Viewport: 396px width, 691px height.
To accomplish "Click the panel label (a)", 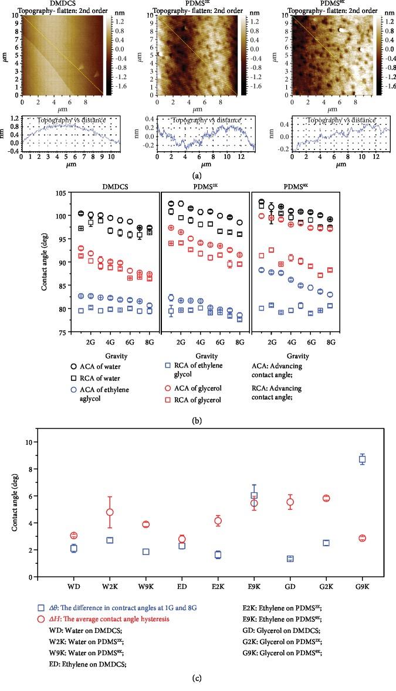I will [x=198, y=174].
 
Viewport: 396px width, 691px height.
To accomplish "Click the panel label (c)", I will [x=198, y=679].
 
